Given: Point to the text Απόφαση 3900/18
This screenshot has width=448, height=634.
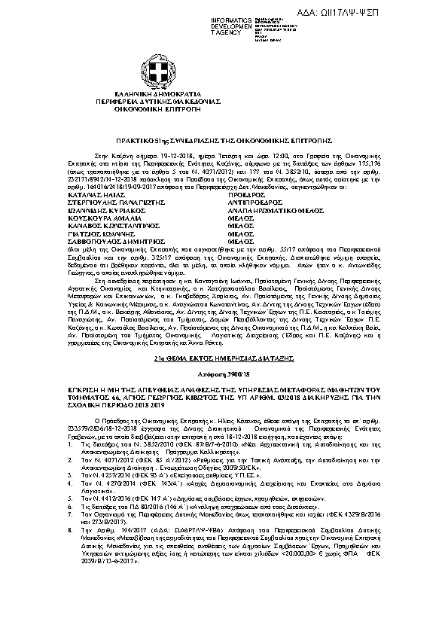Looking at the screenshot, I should pos(224,373).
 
